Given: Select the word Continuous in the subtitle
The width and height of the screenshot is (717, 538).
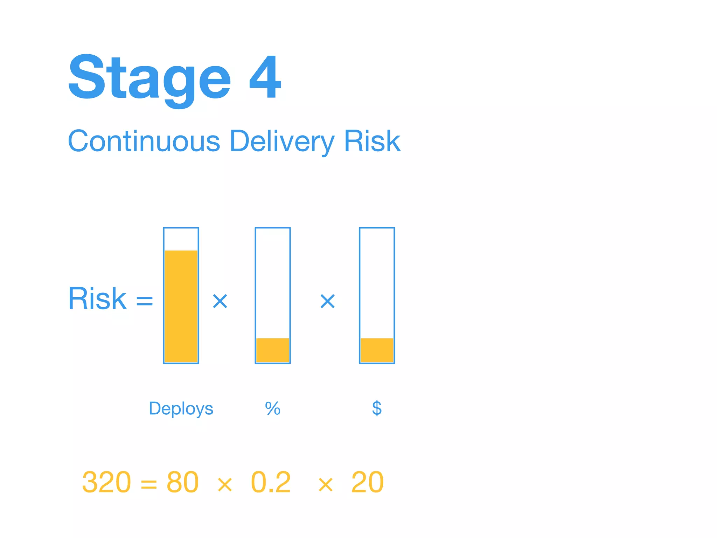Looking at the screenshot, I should (144, 141).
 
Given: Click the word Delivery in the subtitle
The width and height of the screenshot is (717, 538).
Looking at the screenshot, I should (282, 141).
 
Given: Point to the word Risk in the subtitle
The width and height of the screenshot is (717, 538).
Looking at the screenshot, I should (372, 141).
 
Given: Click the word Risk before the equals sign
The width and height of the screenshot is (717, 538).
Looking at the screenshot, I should (97, 299).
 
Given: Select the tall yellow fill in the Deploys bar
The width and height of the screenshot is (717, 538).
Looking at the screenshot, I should (181, 306).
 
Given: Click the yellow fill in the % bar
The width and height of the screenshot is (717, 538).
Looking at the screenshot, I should (273, 350).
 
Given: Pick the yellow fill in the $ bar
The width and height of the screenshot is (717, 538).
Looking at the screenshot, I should (377, 350).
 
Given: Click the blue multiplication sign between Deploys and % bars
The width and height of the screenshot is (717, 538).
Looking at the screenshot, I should (220, 301).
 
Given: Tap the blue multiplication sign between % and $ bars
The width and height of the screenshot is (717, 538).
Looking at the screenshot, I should (328, 301).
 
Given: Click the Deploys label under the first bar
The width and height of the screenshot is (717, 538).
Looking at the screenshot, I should (181, 408).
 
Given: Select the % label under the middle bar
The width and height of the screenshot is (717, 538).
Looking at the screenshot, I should (273, 408).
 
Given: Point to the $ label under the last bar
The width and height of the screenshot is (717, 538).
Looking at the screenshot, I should (377, 408).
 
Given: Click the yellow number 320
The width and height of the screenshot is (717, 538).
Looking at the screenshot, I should (106, 482).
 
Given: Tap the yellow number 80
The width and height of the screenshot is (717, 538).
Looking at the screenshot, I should (182, 482).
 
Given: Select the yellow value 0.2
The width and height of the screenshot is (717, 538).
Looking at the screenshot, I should (271, 482).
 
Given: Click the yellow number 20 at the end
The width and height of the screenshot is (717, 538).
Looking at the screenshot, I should (367, 482).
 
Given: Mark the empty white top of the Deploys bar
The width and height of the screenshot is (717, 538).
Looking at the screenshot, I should (181, 239).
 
